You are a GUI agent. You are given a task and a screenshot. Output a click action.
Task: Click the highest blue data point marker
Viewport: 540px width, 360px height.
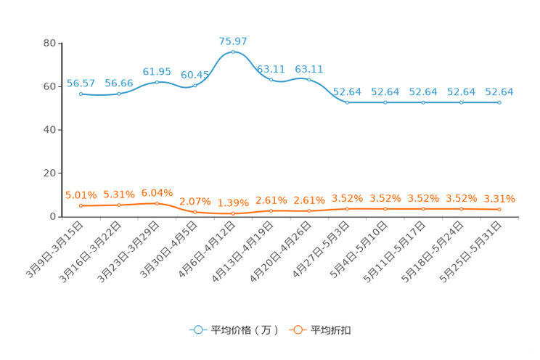(233, 52)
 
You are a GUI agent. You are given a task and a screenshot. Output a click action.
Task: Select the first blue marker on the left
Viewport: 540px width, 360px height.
(81, 94)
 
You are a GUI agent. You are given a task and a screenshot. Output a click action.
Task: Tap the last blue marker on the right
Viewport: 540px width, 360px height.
(499, 103)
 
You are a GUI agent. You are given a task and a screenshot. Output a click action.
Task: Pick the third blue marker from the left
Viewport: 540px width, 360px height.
(157, 81)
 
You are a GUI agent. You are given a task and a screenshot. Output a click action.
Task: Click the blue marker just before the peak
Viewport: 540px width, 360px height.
(195, 85)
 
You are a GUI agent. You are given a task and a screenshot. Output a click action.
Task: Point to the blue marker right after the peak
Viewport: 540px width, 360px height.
(271, 79)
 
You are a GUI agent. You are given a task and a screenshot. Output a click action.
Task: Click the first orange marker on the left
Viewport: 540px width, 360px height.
(81, 206)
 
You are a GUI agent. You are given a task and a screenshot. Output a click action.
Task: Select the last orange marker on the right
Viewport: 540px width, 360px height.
(499, 209)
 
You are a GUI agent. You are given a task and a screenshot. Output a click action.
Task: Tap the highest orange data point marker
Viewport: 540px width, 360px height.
(157, 203)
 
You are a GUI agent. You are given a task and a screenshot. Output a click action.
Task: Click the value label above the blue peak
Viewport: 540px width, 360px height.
(233, 41)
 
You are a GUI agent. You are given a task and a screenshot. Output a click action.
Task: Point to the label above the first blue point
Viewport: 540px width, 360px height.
(81, 83)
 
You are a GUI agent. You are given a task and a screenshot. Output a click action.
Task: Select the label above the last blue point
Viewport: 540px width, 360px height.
(499, 92)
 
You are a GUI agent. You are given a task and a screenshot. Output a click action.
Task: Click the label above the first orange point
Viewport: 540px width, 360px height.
(81, 195)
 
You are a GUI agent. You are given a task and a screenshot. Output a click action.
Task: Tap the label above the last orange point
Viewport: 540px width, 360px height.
(499, 198)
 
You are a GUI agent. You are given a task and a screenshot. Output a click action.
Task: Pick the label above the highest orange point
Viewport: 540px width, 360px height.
(157, 193)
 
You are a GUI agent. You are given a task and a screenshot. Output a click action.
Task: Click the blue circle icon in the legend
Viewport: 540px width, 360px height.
(197, 330)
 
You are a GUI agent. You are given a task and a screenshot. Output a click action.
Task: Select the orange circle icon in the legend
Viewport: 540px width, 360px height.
(298, 330)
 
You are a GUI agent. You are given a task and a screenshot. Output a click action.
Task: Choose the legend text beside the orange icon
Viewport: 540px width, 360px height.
(332, 330)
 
